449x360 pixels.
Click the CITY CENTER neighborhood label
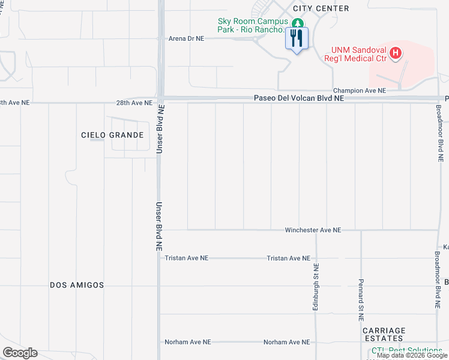pos(321,8)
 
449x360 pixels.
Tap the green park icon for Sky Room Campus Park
pos(296,23)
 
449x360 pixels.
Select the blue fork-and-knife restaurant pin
pos(296,39)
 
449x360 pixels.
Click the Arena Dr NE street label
pos(187,38)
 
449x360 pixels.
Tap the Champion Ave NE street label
pos(360,91)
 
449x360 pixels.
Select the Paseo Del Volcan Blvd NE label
pos(299,98)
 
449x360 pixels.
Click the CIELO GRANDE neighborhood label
pos(112,135)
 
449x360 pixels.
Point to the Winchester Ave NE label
pos(313,230)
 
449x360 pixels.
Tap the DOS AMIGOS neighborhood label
pos(77,285)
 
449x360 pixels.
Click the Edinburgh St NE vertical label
pos(315,286)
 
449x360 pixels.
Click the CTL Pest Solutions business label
pos(406,350)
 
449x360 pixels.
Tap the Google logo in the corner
pos(20,353)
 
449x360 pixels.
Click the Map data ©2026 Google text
pos(412,356)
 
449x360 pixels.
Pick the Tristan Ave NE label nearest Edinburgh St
pos(288,258)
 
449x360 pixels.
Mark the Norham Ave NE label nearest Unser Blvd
pos(187,342)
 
